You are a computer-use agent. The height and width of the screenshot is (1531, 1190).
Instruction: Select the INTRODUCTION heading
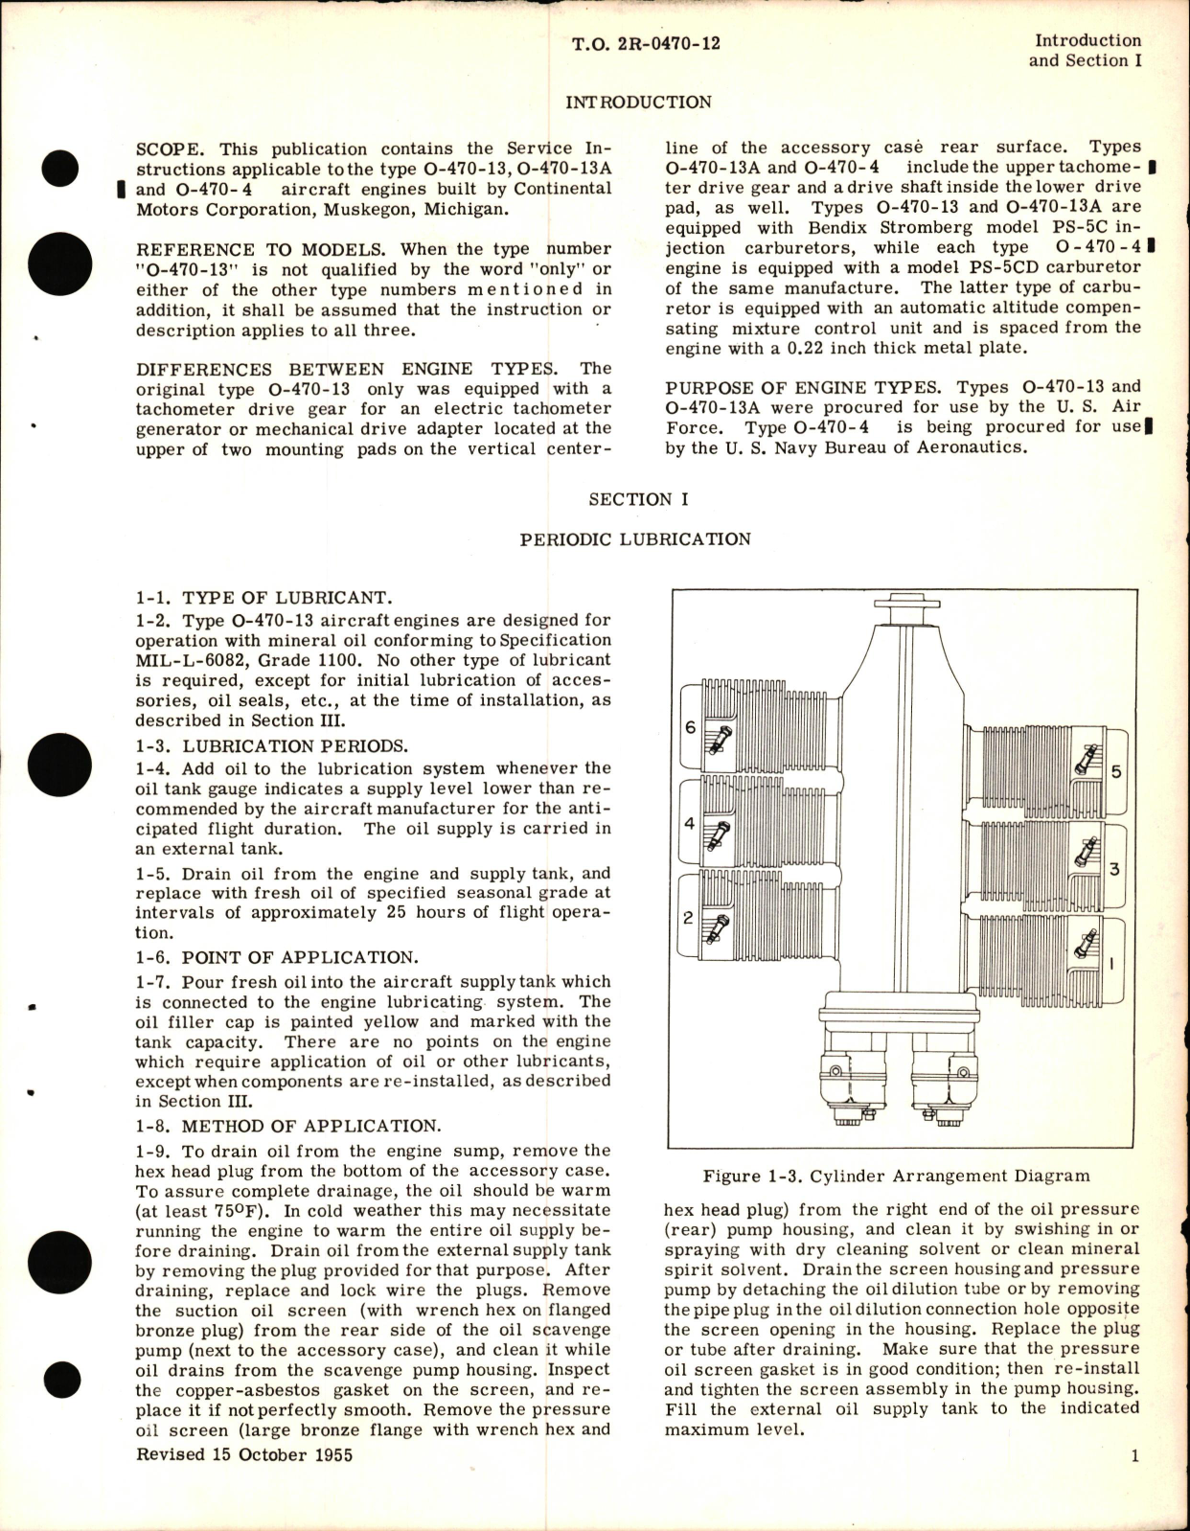(638, 103)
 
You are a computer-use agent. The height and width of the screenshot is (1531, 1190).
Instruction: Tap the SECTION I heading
(637, 499)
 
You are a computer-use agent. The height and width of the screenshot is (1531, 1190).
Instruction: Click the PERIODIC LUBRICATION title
(635, 539)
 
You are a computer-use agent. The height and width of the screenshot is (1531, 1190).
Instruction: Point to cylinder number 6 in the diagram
(690, 727)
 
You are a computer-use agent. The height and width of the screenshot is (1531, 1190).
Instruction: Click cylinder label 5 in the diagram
(1115, 772)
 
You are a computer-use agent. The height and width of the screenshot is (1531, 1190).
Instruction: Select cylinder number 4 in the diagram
(689, 824)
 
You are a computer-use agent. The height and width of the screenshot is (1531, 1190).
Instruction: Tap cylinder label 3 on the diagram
(1114, 869)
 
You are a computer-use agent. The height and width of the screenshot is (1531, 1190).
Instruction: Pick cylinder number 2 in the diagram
(688, 918)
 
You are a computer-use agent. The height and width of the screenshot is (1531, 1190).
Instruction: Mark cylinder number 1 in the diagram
(1111, 963)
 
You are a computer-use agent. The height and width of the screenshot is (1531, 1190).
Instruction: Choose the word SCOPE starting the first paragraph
(169, 149)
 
